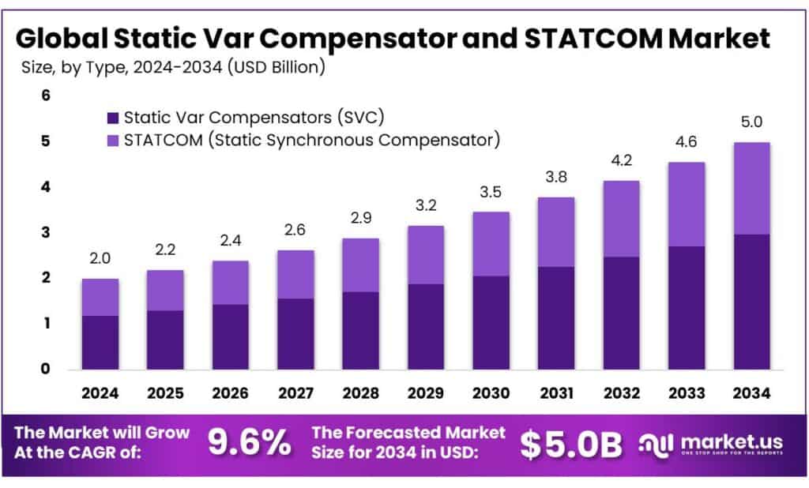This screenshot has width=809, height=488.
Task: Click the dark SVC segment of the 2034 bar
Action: (x=751, y=301)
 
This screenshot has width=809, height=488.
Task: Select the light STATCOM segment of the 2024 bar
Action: (x=100, y=297)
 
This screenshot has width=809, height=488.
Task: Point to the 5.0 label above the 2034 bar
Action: (x=751, y=122)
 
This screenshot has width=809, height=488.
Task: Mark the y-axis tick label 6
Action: (x=45, y=96)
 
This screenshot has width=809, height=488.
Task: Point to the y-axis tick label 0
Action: (x=45, y=369)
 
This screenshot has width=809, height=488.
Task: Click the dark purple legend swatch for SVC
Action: (x=112, y=118)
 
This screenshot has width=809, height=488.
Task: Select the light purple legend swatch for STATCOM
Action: (x=112, y=141)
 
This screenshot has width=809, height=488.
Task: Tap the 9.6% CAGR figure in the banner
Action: (x=249, y=444)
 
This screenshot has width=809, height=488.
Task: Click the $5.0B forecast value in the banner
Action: (x=571, y=445)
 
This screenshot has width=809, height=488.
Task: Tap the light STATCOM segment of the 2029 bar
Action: (x=425, y=254)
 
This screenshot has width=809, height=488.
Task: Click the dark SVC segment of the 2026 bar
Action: (x=230, y=336)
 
